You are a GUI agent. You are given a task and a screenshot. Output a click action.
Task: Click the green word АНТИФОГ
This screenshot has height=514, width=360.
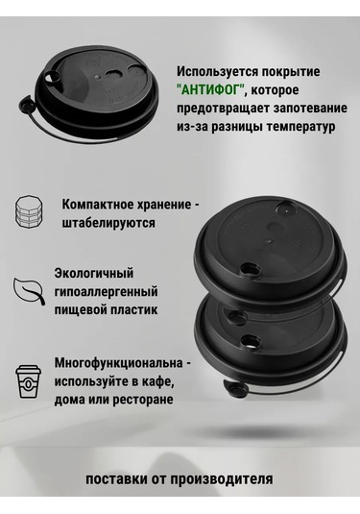click(211, 89)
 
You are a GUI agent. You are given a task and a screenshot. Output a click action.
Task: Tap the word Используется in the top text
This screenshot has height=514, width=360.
click(217, 71)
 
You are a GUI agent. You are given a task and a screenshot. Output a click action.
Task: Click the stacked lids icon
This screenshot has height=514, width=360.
click(29, 211)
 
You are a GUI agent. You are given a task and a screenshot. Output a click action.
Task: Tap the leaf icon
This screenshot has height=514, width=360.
click(29, 290)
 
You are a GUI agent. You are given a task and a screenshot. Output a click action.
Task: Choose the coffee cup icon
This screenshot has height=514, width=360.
click(29, 380)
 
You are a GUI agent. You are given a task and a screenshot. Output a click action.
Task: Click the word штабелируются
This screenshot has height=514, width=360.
click(108, 223)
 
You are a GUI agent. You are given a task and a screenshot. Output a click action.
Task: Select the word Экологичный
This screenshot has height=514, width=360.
click(94, 273)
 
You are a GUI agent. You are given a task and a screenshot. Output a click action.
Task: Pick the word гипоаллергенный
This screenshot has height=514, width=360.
click(107, 291)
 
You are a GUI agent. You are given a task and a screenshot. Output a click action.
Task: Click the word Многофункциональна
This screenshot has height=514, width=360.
click(119, 363)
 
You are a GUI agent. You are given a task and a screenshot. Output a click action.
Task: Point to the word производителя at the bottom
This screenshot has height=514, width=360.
click(221, 478)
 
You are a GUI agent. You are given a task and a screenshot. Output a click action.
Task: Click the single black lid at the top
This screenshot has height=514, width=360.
click(90, 95)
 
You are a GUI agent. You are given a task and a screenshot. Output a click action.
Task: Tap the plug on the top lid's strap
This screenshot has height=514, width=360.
click(25, 105)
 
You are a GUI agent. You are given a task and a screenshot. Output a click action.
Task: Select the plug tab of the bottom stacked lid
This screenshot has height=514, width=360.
click(234, 389)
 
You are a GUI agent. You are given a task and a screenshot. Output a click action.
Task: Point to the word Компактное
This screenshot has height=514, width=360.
click(94, 205)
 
